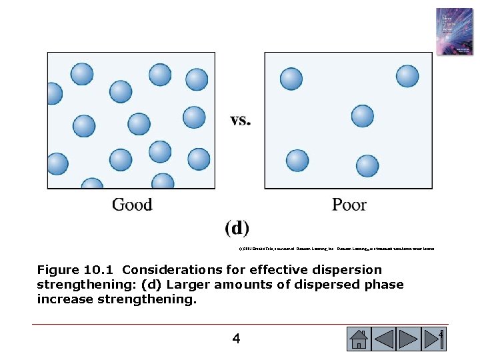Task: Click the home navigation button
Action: pos(359,339)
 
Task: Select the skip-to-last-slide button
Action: pos(435,339)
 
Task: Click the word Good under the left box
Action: pos(132,204)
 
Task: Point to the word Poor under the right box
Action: pos(349,204)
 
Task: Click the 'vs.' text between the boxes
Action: pos(240,121)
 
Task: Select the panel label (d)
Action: pos(237,229)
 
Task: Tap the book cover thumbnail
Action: pos(453,31)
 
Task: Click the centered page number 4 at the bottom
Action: pos(236,339)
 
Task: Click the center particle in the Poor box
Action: pos(363,116)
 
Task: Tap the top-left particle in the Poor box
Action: pos(291,79)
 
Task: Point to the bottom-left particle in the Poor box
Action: pos(297,161)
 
